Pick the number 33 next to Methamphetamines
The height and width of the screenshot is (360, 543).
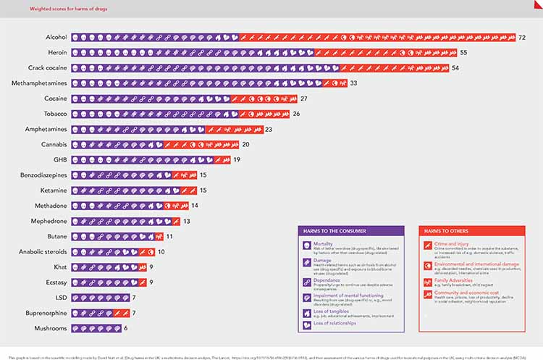click(353, 83)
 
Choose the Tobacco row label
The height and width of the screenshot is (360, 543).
click(54, 114)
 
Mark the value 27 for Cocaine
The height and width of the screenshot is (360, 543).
click(304, 99)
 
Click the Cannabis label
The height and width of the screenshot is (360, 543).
click(54, 144)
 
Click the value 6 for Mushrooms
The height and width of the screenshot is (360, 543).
click(126, 328)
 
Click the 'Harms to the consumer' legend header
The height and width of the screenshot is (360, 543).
click(329, 231)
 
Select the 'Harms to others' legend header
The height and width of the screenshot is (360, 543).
click(442, 231)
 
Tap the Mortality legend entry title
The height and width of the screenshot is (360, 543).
click(324, 244)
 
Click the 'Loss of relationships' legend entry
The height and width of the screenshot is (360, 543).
click(334, 322)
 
